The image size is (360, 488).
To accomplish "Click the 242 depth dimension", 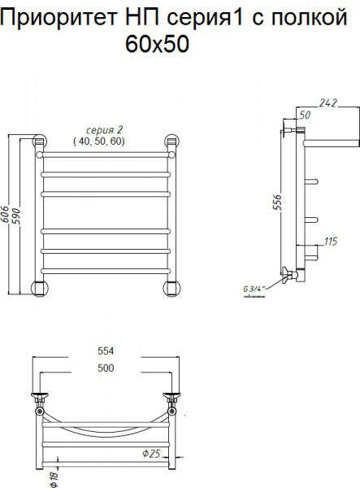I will [x=327, y=103].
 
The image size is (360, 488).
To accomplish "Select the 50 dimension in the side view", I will [x=306, y=115].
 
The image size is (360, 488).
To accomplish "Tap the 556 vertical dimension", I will [x=276, y=203].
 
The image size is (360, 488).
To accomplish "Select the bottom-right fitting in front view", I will [x=171, y=285].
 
